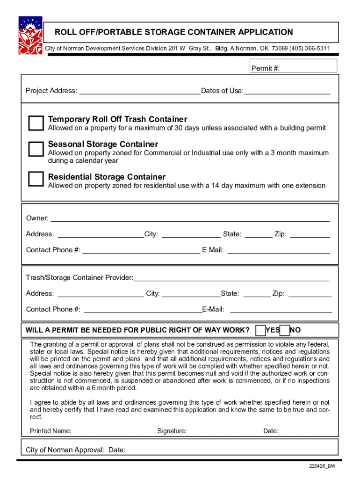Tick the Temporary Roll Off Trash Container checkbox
click(36, 123)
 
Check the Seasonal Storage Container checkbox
click(36, 148)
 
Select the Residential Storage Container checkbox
click(36, 179)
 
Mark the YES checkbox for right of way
click(261, 330)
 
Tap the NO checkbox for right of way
click(284, 330)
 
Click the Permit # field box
click(293, 66)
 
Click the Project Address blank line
click(140, 91)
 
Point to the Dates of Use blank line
click(287, 91)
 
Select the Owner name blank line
click(189, 218)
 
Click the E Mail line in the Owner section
click(278, 250)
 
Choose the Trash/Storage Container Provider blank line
click(231, 278)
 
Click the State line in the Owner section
click(259, 234)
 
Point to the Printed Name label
click(50, 431)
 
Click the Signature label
click(172, 431)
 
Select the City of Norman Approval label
click(65, 450)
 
